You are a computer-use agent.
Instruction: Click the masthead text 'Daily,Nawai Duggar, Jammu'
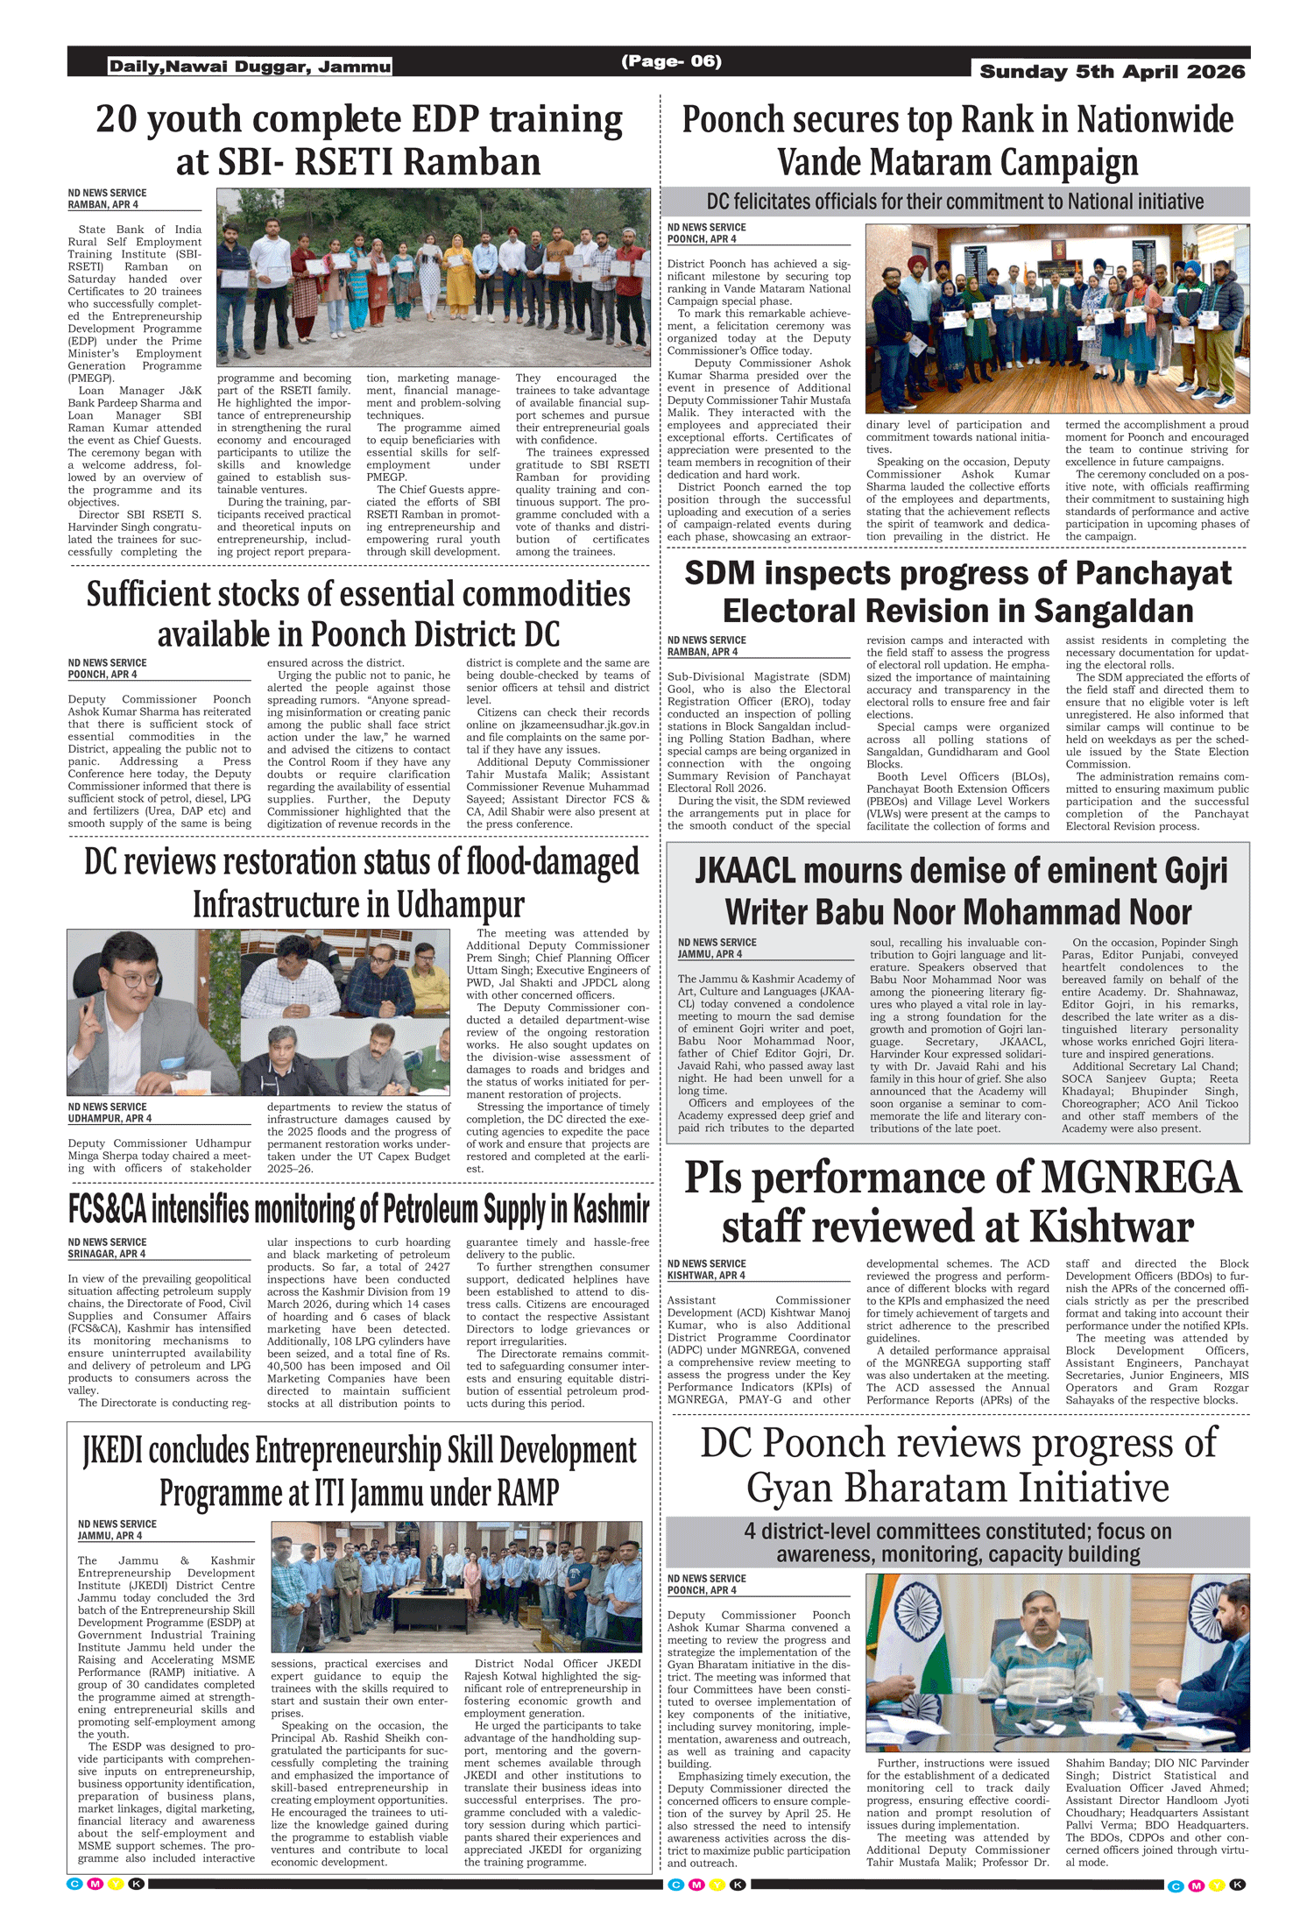[x=250, y=67]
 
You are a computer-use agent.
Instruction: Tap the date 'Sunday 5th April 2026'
[x=1112, y=72]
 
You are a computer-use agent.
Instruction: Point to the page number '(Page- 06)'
[x=671, y=61]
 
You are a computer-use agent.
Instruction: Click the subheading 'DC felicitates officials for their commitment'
[x=954, y=202]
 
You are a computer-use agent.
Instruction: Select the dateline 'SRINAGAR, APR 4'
[x=107, y=1254]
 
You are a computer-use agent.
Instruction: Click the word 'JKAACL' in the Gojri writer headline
[x=745, y=871]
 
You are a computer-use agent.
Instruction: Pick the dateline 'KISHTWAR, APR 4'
[x=706, y=1276]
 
